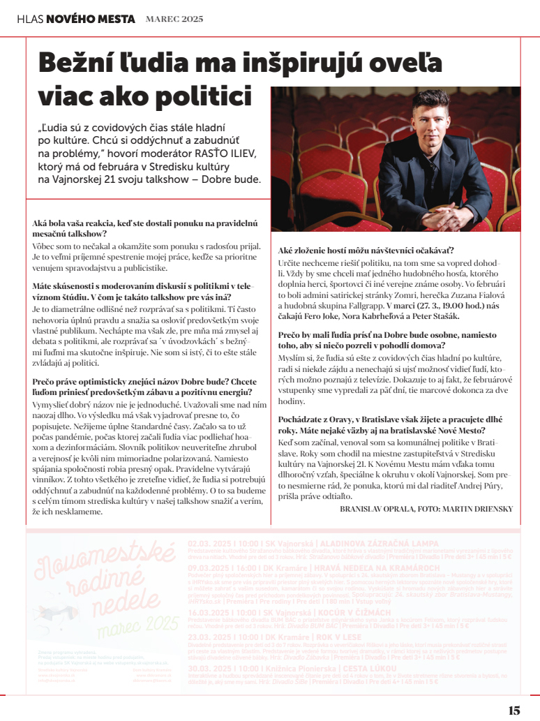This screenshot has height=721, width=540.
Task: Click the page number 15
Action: tap(514, 711)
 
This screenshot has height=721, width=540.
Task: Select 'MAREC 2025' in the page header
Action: tap(174, 20)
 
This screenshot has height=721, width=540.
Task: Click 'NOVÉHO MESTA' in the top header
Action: tap(91, 20)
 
